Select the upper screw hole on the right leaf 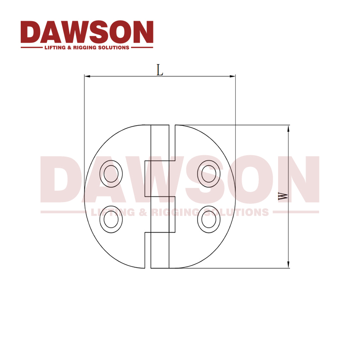pyautogui.click(x=209, y=173)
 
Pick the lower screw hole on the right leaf pyautogui.click(x=209, y=220)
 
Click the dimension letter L pyautogui.click(x=160, y=70)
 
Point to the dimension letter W pyautogui.click(x=283, y=197)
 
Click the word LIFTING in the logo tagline pyautogui.click(x=54, y=47)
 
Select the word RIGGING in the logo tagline pyautogui.click(x=87, y=47)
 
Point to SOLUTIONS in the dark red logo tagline pyautogui.click(x=115, y=47)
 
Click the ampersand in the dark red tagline pyautogui.click(x=70, y=47)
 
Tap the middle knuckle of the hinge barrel pyautogui.click(x=159, y=178)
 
